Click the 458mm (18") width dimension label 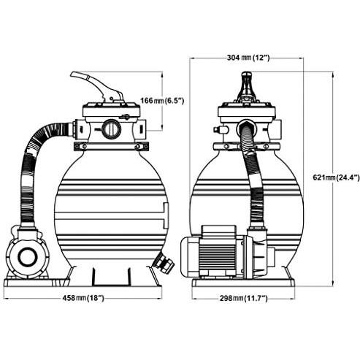click(x=83, y=298)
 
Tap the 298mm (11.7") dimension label click(x=244, y=298)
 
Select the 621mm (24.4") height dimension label click(x=336, y=177)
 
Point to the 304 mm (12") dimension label click(x=248, y=58)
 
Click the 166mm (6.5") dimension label click(x=162, y=100)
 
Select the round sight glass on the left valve click(x=111, y=129)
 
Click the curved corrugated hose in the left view click(x=34, y=168)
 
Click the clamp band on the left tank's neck click(x=111, y=146)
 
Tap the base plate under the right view click(x=243, y=283)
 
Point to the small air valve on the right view click(x=220, y=129)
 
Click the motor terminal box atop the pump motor click(x=219, y=231)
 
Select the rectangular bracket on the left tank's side click(x=166, y=215)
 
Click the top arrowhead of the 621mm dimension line click(x=333, y=74)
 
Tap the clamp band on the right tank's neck click(x=246, y=146)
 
